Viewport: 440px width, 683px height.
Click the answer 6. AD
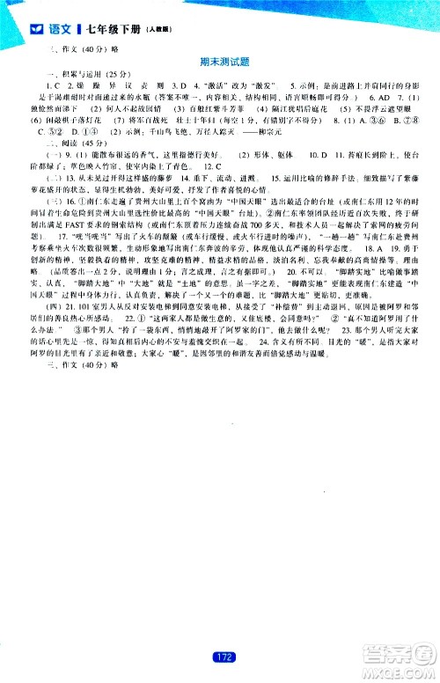pyautogui.click(x=364, y=94)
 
